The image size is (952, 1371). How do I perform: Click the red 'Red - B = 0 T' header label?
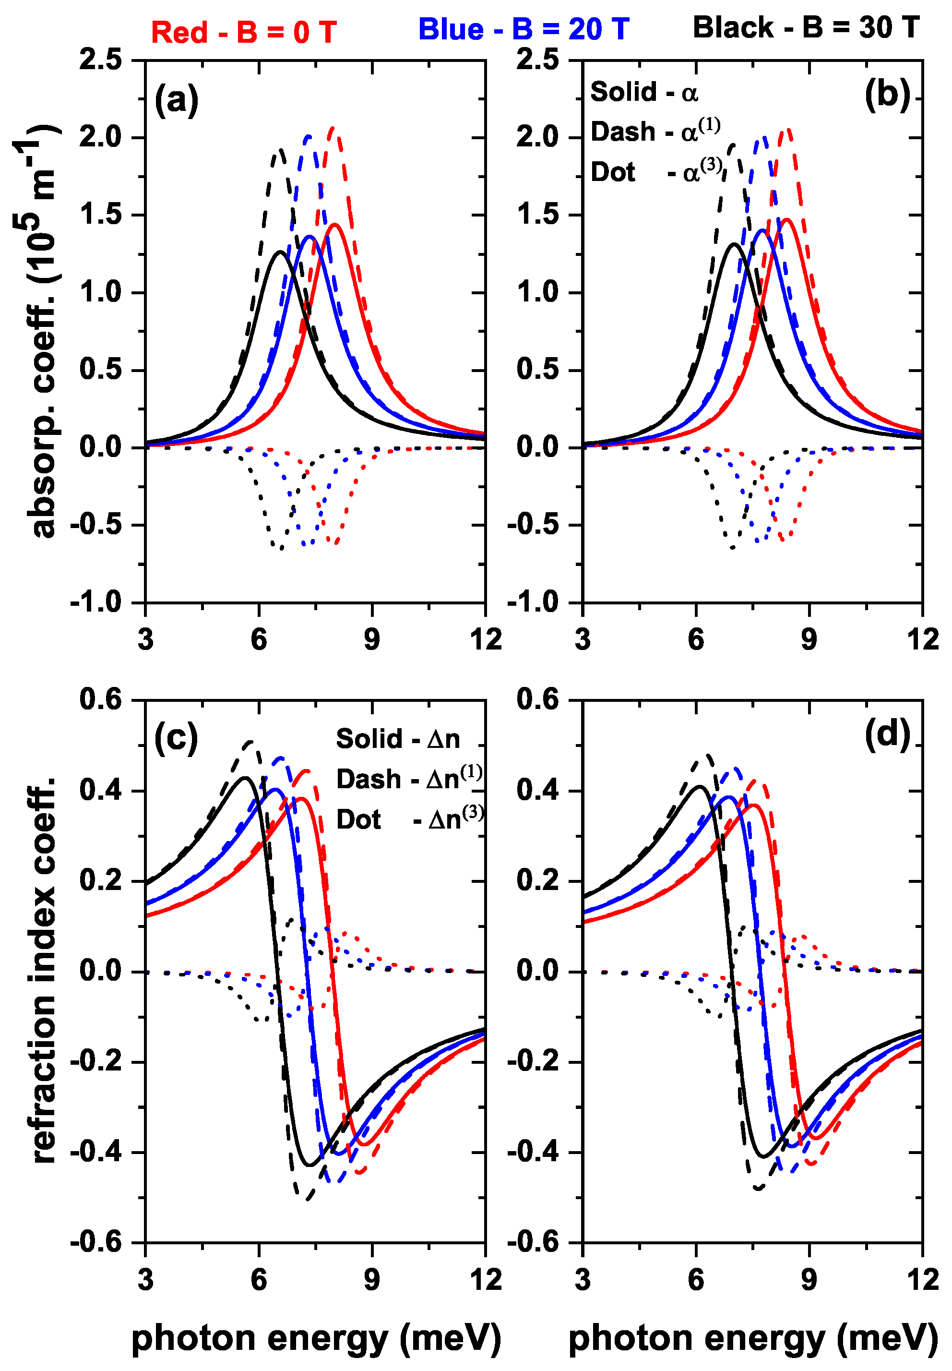point(243,32)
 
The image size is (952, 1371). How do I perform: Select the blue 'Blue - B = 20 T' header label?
point(523,29)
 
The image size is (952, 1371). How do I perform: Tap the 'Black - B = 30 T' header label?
point(806,27)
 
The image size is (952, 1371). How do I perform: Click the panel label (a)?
point(176,99)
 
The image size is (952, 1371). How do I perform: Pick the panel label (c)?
point(176,737)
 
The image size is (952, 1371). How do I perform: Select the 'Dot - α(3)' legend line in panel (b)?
point(656,172)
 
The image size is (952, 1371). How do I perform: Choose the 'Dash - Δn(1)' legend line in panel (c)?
point(409,779)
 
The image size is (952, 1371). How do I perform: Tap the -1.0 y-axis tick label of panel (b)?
point(533,602)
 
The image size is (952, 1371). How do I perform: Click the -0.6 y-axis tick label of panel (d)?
point(533,1243)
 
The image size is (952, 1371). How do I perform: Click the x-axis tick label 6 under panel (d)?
point(695,1280)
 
